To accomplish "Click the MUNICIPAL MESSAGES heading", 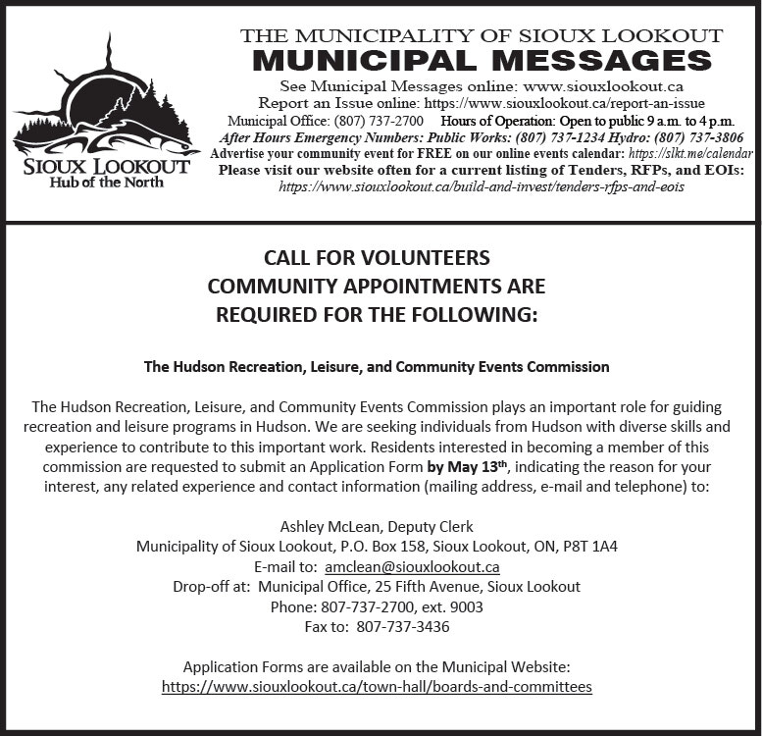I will point(482,61).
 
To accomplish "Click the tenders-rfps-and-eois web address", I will point(482,186).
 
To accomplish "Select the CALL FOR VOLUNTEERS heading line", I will point(377,258).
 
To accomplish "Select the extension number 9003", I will point(466,606).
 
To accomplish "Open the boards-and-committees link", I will point(377,687).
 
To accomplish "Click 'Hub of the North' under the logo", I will point(107,183).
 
